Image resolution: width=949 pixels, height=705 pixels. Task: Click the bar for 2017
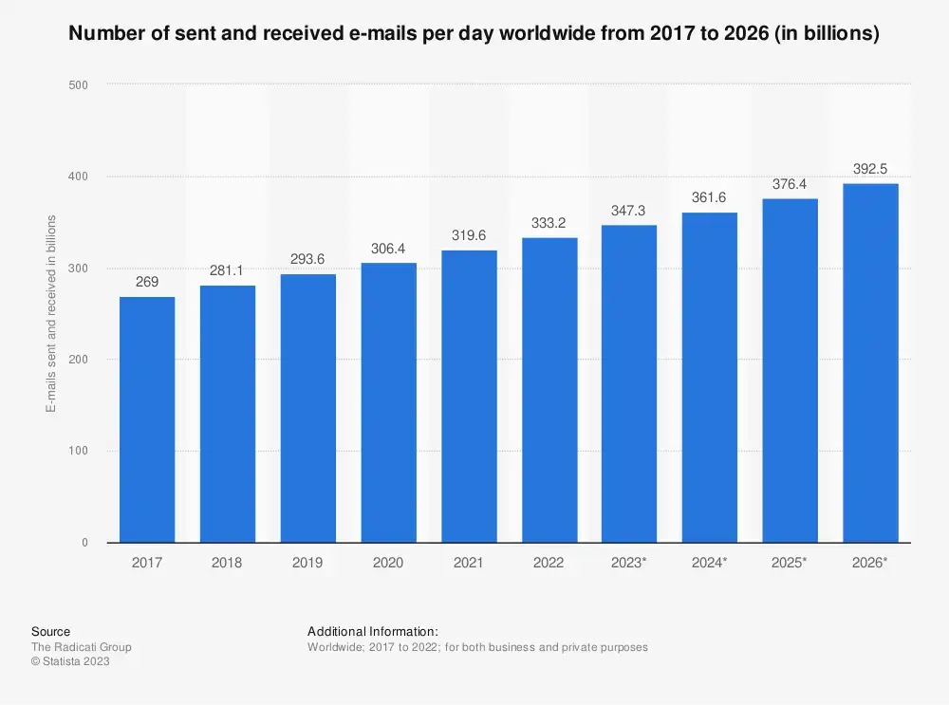147,419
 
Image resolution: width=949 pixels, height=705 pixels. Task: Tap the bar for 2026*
870,362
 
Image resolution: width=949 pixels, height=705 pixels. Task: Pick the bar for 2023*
629,383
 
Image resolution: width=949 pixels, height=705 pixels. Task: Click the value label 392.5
870,169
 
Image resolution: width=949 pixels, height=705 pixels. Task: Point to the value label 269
147,283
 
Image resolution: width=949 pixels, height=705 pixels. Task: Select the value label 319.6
469,236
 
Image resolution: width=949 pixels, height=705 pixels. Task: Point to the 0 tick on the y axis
84,543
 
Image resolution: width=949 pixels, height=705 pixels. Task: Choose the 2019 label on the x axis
307,563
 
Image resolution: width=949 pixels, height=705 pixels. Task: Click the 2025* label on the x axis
790,563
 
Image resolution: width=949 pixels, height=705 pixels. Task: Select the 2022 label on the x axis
549,563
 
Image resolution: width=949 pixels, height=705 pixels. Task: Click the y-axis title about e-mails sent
51,313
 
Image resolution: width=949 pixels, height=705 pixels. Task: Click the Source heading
50,632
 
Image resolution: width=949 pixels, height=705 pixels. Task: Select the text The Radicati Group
82,647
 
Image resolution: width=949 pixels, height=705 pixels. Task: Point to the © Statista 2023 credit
70,662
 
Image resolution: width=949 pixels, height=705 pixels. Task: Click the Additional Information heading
373,632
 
